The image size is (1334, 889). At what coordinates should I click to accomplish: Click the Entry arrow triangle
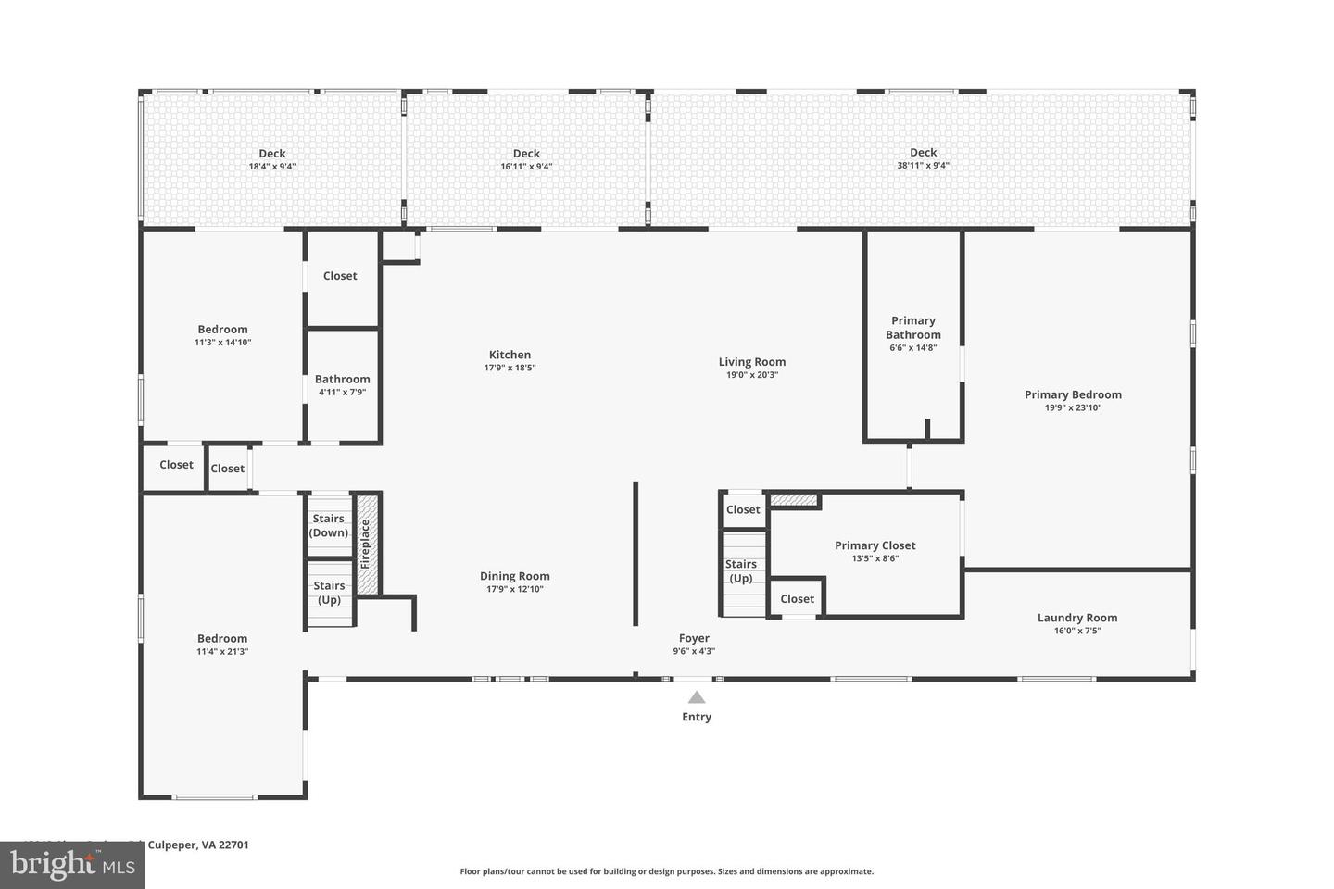[x=696, y=697]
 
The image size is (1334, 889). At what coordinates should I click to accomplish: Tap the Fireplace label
[x=365, y=544]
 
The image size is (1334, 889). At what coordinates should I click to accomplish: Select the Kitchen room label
[x=510, y=355]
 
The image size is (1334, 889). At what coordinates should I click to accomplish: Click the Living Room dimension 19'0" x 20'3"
[x=751, y=375]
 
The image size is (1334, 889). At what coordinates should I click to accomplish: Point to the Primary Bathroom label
[x=912, y=328]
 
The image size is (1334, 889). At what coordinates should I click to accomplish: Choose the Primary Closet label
[x=875, y=545]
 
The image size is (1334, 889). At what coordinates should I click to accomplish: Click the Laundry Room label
[x=1076, y=618]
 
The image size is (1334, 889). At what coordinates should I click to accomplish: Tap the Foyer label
[x=694, y=638]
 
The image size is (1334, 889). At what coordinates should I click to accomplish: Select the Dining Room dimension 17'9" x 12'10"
[x=514, y=589]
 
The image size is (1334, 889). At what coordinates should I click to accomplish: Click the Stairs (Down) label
[x=329, y=525]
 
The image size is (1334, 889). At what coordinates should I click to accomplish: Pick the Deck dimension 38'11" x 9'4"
[x=923, y=166]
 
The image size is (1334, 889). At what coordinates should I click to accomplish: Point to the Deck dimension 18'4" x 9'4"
[x=271, y=167]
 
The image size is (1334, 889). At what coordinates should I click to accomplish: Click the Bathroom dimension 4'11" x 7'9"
[x=342, y=392]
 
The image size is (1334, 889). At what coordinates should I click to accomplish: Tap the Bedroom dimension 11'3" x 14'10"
[x=222, y=343]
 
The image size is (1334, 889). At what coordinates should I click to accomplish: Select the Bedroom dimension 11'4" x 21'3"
[x=222, y=651]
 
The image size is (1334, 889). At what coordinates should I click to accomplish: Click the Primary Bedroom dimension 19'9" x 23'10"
[x=1073, y=407]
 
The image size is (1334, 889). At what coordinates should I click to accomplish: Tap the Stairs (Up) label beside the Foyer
[x=741, y=571]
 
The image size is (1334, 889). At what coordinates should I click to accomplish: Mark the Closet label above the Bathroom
[x=340, y=276]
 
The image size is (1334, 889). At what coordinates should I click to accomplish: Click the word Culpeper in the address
[x=173, y=845]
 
